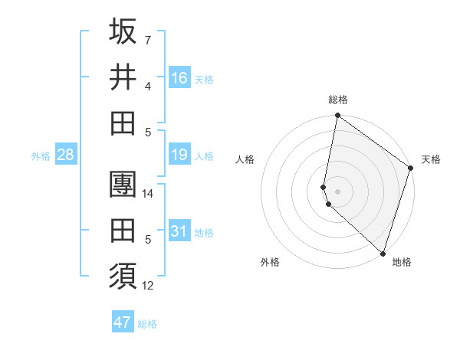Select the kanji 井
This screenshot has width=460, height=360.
coord(123,77)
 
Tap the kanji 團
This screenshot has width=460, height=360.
coord(123,185)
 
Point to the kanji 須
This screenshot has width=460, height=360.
coord(123,274)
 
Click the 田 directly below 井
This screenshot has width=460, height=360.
coord(123,123)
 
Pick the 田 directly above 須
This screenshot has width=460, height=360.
coord(123,230)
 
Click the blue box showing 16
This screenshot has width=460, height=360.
coord(179,78)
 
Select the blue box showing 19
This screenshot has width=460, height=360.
coord(179,155)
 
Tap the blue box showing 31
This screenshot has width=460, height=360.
coord(179,231)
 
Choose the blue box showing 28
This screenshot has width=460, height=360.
coord(66,155)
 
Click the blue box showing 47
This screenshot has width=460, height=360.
coord(123,322)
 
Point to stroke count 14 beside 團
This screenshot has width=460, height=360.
coord(149,194)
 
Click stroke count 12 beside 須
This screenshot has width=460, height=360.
coord(149,286)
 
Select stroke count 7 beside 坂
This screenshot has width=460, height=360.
coord(148,40)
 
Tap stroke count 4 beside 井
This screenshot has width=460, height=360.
coord(148,86)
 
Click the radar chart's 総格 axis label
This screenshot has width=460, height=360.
coord(338,100)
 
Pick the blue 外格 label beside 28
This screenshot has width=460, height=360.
coord(41,156)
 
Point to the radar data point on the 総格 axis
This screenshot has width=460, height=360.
coord(337,116)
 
